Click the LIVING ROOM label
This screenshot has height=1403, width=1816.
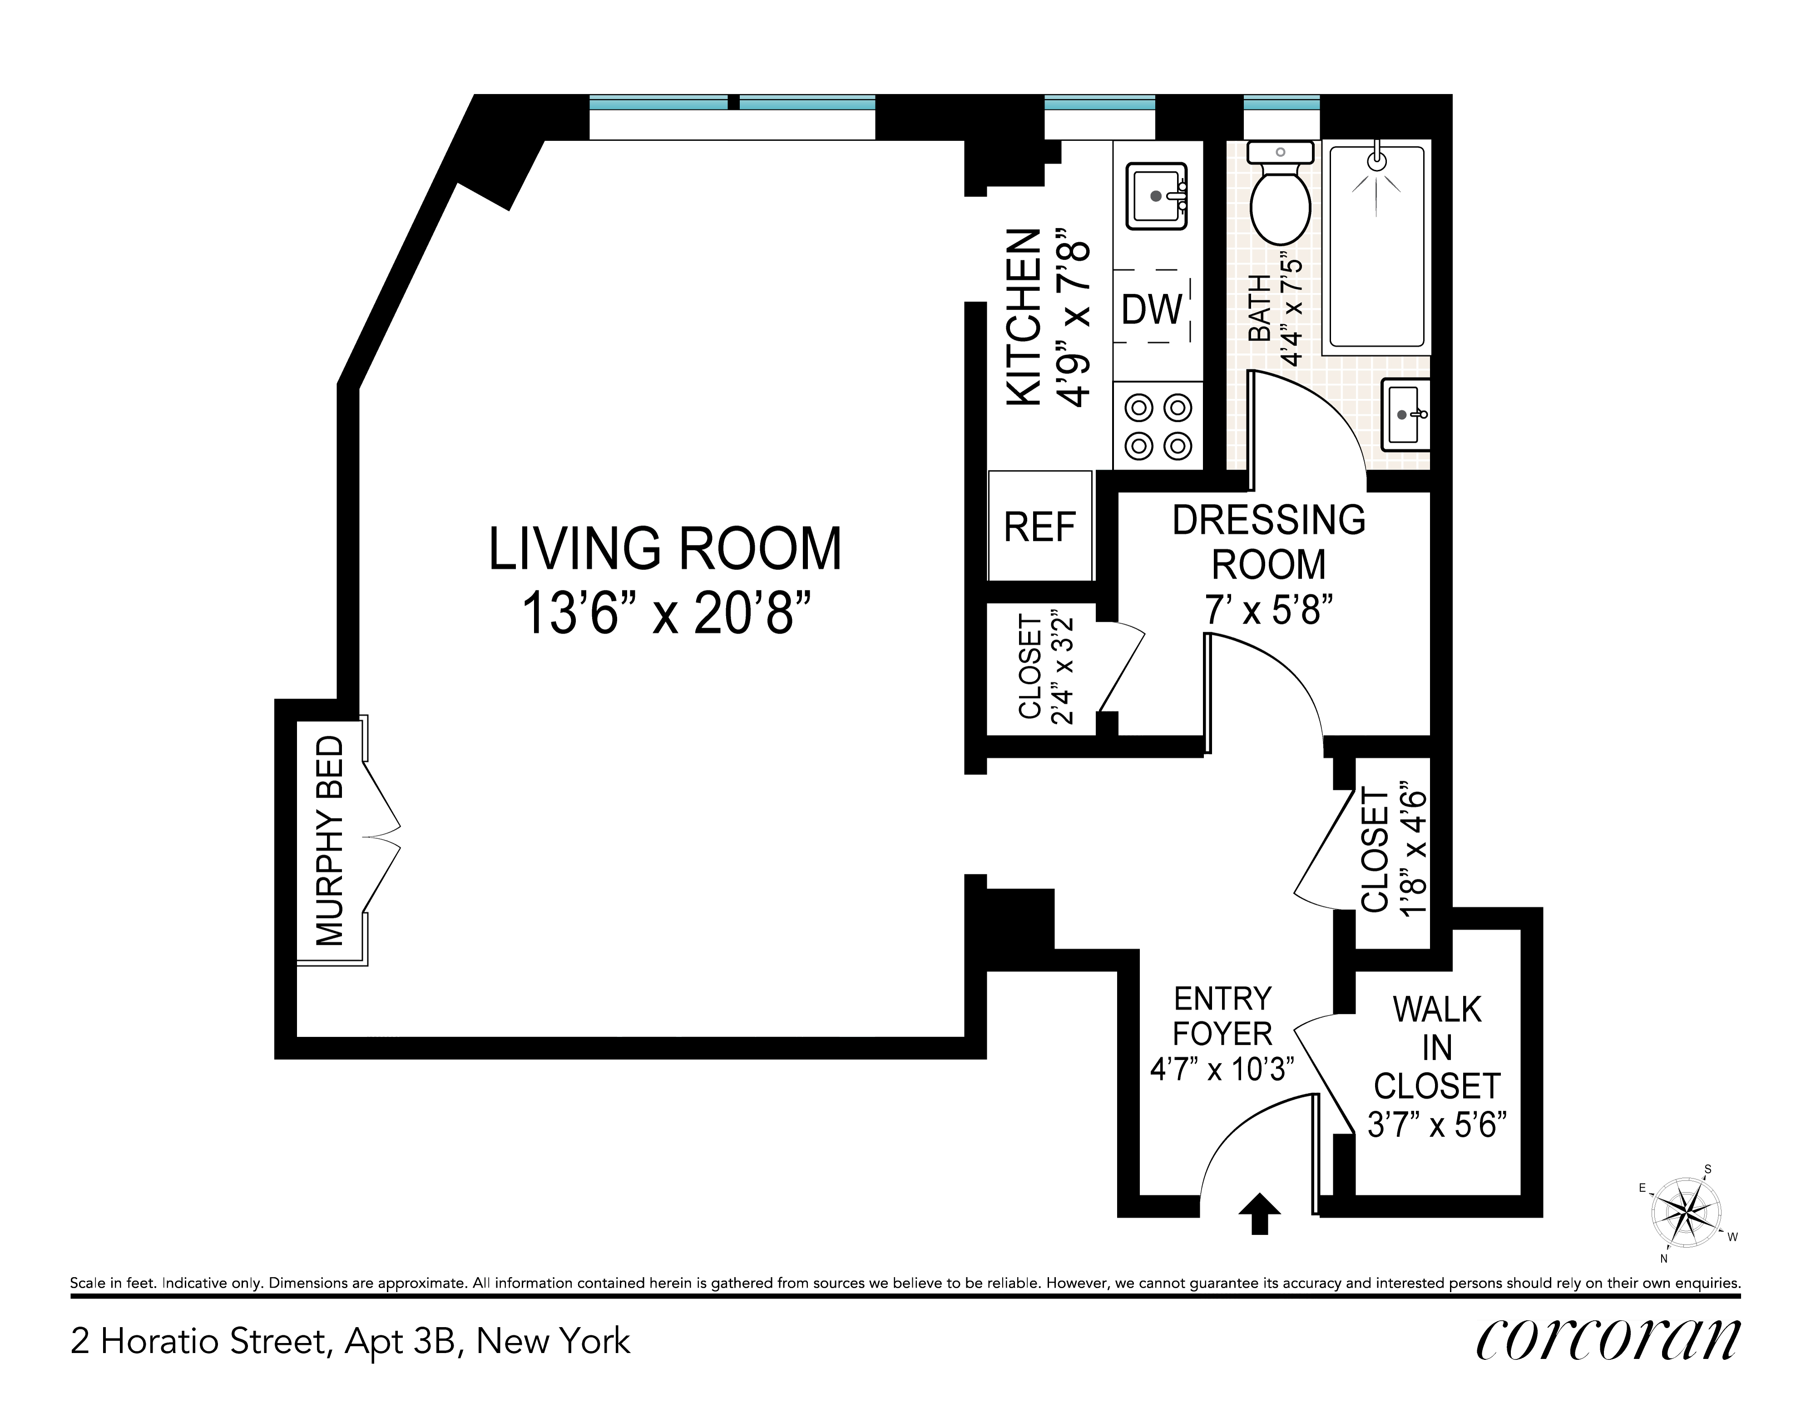[665, 549]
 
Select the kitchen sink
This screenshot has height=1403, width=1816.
[1156, 195]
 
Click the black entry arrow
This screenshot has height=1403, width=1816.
[1260, 1214]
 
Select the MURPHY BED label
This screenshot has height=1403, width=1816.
[330, 841]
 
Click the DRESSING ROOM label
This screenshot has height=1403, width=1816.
[1269, 542]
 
